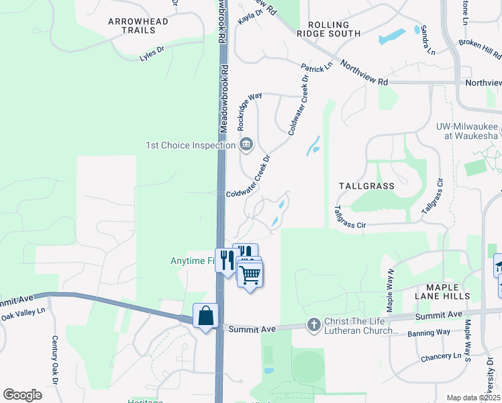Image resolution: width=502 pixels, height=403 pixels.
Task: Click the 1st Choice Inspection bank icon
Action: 246,144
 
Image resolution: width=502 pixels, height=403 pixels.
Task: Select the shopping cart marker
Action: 250,273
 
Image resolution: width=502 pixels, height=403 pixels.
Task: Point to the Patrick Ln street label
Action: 316,69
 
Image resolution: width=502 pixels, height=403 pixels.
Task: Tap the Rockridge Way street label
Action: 249,111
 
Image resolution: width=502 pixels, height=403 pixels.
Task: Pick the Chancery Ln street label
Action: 441,357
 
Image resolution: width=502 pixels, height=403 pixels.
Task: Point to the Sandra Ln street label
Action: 425,42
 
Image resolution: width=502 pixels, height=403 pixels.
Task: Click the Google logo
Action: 22,395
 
